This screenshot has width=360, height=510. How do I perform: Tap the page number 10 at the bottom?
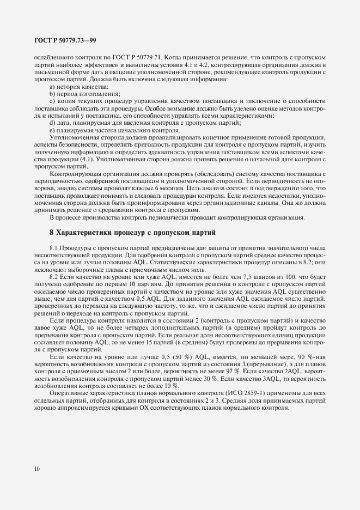(36, 468)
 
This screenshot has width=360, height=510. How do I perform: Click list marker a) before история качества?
(52, 87)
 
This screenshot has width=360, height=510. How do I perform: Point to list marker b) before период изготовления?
(52, 94)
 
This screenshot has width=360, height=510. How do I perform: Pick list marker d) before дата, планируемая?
(52, 124)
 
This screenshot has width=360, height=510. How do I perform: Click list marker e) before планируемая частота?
(52, 131)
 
